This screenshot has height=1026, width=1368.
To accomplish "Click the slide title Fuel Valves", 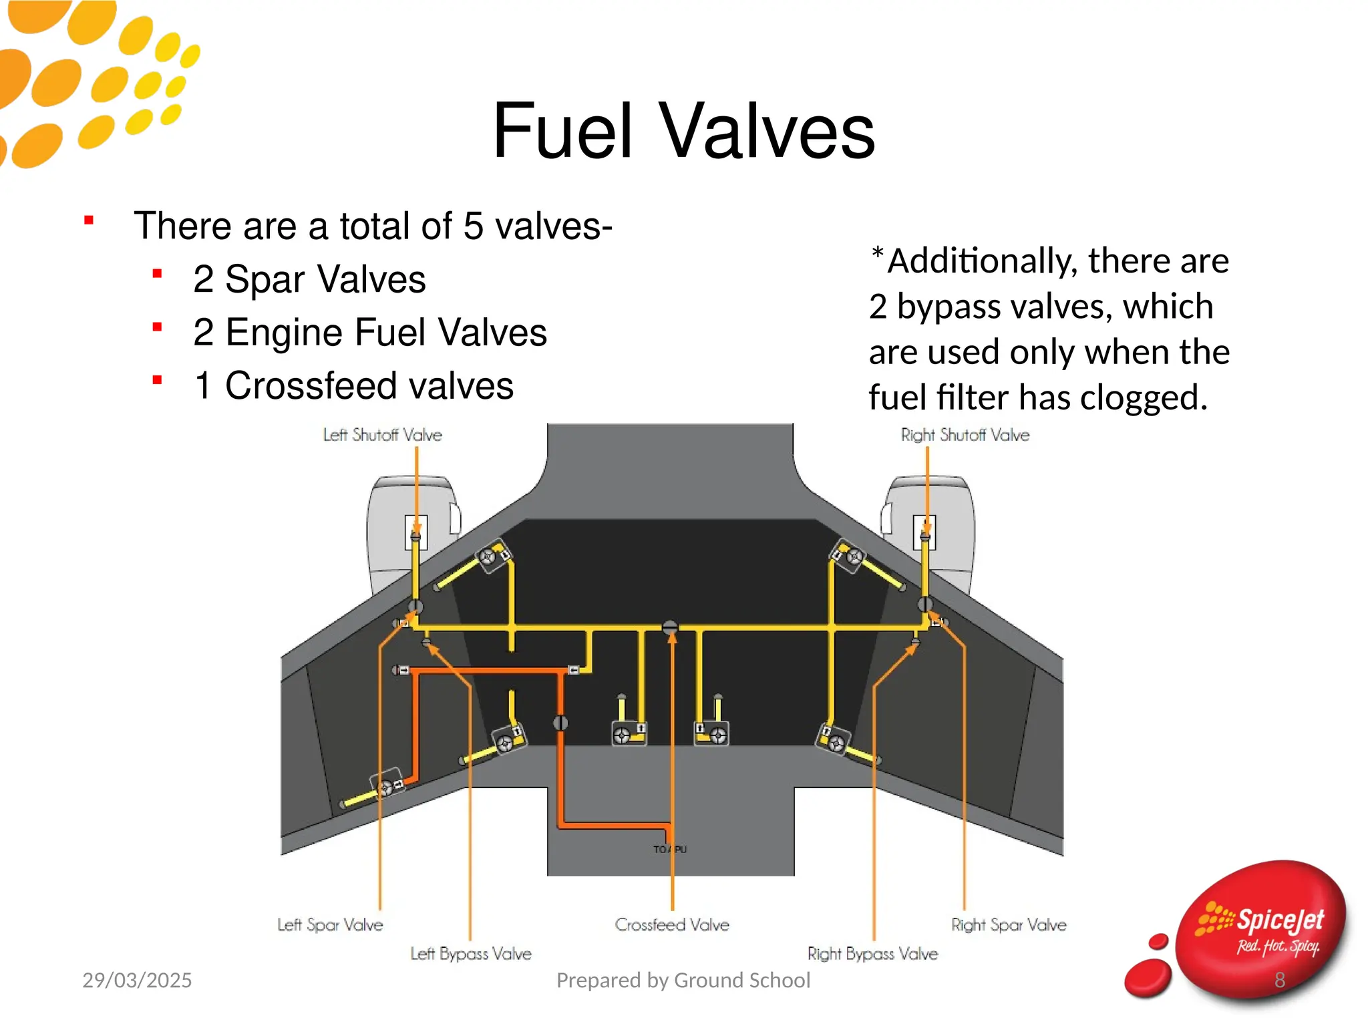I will [x=683, y=131].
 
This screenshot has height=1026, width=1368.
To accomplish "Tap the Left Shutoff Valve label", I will [x=382, y=435].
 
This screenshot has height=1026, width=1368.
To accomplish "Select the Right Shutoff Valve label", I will [x=965, y=435].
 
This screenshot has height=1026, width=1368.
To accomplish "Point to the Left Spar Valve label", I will [x=330, y=924].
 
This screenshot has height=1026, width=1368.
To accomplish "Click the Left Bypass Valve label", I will [x=471, y=953].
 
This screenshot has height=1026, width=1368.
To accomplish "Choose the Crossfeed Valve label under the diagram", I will [x=672, y=924].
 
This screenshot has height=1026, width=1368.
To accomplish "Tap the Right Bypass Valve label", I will [x=872, y=953].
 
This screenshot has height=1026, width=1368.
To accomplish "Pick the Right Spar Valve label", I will [x=1009, y=924].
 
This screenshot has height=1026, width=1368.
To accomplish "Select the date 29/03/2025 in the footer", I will [x=137, y=980].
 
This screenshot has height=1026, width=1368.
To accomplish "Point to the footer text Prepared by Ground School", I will [x=683, y=980].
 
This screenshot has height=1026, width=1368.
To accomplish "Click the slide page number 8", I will [x=1279, y=980].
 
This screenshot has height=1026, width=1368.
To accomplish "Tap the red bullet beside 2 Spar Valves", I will [x=158, y=274].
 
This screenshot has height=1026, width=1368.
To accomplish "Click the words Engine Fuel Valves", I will [x=386, y=333].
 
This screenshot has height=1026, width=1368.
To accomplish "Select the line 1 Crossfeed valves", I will [x=353, y=385].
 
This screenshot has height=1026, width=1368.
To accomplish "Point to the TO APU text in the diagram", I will [x=669, y=849].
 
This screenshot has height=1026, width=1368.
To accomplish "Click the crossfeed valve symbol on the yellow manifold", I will [x=670, y=627].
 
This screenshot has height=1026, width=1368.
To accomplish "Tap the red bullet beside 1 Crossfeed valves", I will [x=158, y=381].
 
